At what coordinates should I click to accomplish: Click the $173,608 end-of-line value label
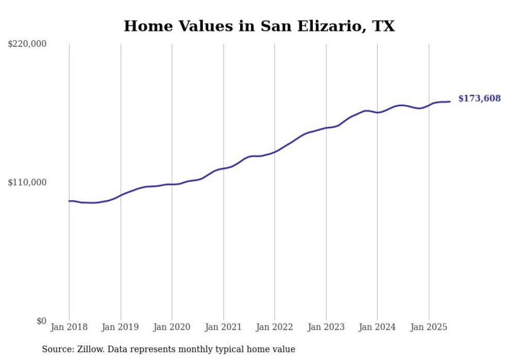pyautogui.click(x=479, y=98)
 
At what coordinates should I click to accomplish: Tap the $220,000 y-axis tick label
pyautogui.click(x=27, y=44)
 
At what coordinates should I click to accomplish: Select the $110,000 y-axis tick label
pyautogui.click(x=27, y=182)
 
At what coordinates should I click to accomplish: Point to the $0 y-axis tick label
pyautogui.click(x=41, y=321)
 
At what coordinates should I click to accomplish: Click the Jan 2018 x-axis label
pyautogui.click(x=69, y=327)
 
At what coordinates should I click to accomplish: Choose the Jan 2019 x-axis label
pyautogui.click(x=121, y=327)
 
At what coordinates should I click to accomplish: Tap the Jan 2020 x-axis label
pyautogui.click(x=172, y=327)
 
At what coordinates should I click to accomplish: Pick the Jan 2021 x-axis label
pyautogui.click(x=223, y=327)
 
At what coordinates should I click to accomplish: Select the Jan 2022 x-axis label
pyautogui.click(x=275, y=327)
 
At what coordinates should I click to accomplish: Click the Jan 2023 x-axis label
pyautogui.click(x=326, y=327)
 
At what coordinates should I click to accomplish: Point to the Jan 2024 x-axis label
pyautogui.click(x=377, y=327)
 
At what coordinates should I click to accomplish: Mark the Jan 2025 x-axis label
pyautogui.click(x=429, y=327)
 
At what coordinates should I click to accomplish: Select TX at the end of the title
pyautogui.click(x=383, y=26)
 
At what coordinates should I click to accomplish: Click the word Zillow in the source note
pyautogui.click(x=91, y=349)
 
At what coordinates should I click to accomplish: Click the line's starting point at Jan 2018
pyautogui.click(x=69, y=201)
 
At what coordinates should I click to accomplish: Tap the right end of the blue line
pyautogui.click(x=450, y=101)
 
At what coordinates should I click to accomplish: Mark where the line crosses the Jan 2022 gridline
pyautogui.click(x=275, y=152)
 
